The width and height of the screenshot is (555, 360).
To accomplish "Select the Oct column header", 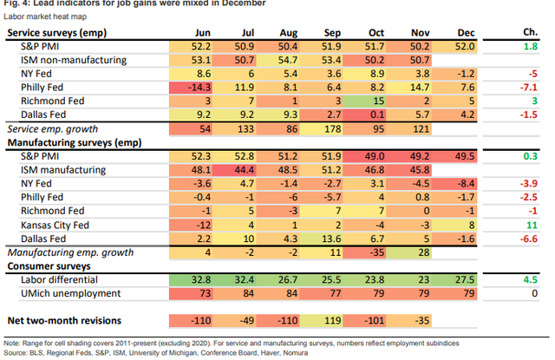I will pyautogui.click(x=375, y=32).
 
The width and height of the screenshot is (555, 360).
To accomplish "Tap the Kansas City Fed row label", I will pyautogui.click(x=57, y=224).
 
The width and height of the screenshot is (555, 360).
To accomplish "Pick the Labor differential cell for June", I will pyautogui.click(x=201, y=280).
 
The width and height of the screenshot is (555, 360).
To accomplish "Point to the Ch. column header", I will pyautogui.click(x=527, y=32).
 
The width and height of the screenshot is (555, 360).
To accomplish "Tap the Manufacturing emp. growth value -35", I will pyautogui.click(x=375, y=252).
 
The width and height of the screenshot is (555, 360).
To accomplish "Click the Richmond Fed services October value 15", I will pyautogui.click(x=375, y=101).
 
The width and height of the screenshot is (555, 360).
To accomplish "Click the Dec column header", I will pyautogui.click(x=465, y=32).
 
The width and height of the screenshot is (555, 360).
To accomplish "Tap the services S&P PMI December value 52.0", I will pyautogui.click(x=465, y=45).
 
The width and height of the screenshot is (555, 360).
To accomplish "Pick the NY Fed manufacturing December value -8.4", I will pyautogui.click(x=465, y=183).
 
